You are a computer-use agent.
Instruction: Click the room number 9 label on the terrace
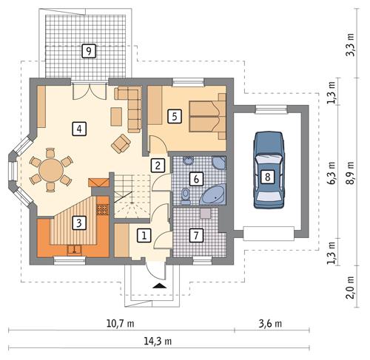coord(88,51)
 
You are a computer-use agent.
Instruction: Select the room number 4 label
coord(78,129)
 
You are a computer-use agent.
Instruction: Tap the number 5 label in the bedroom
coord(174,116)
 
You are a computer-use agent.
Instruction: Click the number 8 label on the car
coord(266,176)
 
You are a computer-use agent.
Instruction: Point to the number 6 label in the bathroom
coord(196,178)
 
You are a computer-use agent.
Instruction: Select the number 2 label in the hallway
coord(158,165)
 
